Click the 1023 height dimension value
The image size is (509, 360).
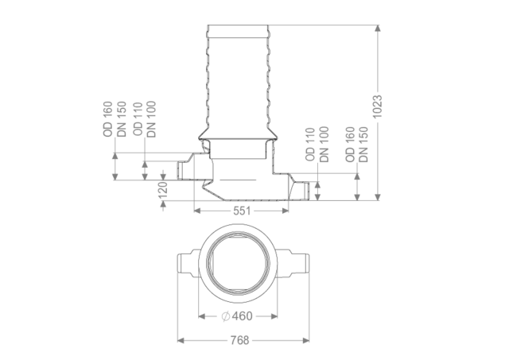pos(377,106)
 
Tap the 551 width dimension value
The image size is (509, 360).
pos(242,211)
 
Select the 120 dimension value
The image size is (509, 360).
pos(162,190)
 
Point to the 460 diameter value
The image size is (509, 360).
pos(242,315)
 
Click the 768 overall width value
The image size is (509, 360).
pos(239,340)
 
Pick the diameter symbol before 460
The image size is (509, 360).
pos(226,315)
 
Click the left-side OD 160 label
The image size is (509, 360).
pos(107,119)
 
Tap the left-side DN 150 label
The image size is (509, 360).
pos(122,119)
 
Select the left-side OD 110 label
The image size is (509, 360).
pos(138,119)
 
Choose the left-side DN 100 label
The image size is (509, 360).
pos(151,119)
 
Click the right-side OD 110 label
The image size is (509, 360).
pos(310,145)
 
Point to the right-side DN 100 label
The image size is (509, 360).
pos(324,145)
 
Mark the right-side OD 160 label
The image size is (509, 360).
pos(350,145)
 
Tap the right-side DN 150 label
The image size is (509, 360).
pos(364,145)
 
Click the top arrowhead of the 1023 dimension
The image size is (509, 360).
pos(377,28)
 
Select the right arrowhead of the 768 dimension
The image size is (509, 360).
pos(305,340)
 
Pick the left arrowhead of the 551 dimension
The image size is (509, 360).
pos(197,211)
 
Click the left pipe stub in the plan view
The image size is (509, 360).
pos(188,263)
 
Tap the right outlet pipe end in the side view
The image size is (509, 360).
pos(306,191)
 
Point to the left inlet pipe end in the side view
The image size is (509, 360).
pos(180,171)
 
